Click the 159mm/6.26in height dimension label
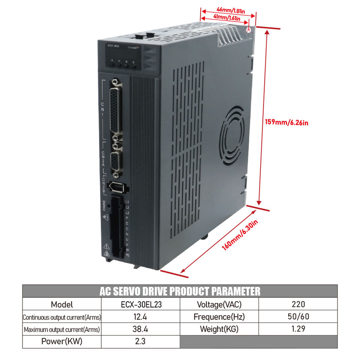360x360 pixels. pyautogui.click(x=287, y=122)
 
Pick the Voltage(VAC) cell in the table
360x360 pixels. pyautogui.click(x=219, y=304)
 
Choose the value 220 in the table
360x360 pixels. pyautogui.click(x=298, y=304)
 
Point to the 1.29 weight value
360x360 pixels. pyautogui.click(x=298, y=330)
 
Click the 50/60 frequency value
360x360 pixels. pyautogui.click(x=298, y=317)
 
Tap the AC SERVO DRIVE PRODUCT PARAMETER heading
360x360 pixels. pyautogui.click(x=180, y=291)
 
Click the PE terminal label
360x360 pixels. pyautogui.click(x=127, y=255)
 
